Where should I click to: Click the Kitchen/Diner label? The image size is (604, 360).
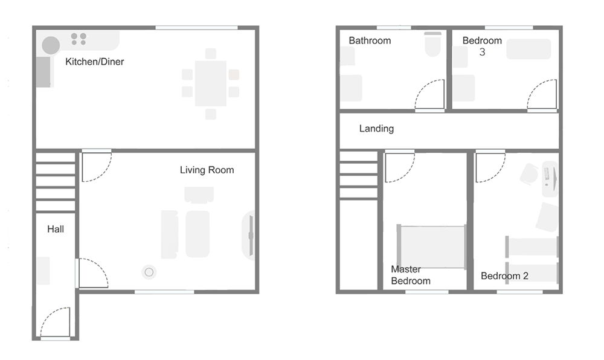click(95, 62)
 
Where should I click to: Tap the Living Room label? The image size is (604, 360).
click(207, 170)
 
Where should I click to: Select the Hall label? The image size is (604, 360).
click(56, 230)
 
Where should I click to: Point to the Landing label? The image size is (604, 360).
click(376, 129)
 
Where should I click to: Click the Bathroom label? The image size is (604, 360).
click(370, 40)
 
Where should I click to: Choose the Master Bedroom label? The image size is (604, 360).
click(411, 275)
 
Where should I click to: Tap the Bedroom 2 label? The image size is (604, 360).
click(504, 276)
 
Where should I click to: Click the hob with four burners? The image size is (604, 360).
click(79, 39)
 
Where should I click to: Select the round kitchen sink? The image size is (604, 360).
click(51, 45)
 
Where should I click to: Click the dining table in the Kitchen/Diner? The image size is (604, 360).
click(210, 83)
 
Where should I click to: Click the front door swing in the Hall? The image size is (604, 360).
click(55, 323)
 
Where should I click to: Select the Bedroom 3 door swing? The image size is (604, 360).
click(542, 95)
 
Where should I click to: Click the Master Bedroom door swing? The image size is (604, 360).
click(399, 167)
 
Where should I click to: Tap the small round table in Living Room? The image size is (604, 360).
click(149, 272)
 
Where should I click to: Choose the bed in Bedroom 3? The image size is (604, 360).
click(528, 49)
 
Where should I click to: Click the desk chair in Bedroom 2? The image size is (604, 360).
click(530, 173)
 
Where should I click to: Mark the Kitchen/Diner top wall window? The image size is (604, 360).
click(196, 27)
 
